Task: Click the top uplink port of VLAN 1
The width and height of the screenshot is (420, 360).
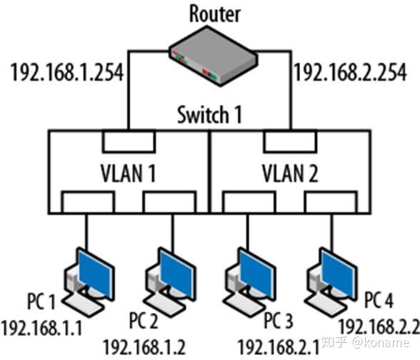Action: point(128,142)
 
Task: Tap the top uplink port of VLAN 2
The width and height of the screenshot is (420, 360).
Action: point(290,142)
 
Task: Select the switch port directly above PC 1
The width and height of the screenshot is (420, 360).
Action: point(86,202)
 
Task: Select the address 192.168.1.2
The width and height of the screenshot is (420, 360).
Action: point(144,347)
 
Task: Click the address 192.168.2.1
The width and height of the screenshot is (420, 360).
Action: point(279,347)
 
